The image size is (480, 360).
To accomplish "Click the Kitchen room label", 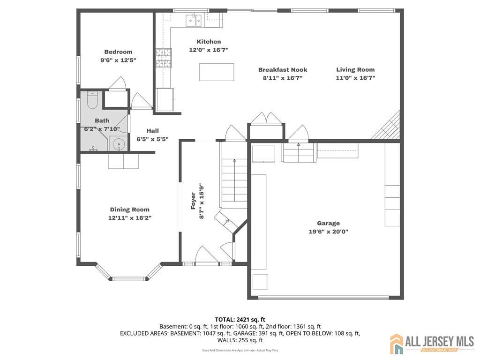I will (x=209, y=42).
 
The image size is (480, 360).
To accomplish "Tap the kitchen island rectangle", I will (x=216, y=72).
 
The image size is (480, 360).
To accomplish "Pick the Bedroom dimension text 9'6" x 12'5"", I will (x=118, y=60).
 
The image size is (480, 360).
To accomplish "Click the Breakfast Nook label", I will (x=283, y=70).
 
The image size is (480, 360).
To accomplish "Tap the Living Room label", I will (x=355, y=70).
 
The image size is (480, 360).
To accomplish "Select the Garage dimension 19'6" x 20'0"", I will (x=328, y=231).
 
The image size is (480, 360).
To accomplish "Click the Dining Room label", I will (x=130, y=210).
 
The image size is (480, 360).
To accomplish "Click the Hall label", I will (x=152, y=131).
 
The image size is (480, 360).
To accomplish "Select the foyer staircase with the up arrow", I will (x=234, y=180).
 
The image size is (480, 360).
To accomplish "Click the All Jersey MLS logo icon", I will (x=397, y=344).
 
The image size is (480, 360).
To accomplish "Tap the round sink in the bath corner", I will (x=119, y=144).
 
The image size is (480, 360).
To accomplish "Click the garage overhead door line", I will (x=323, y=297).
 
